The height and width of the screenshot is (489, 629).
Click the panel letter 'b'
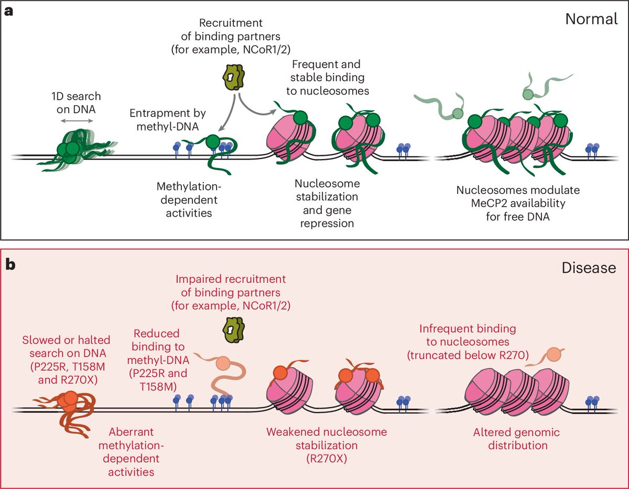(x=9, y=264)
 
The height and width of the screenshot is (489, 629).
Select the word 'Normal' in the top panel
(x=591, y=19)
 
